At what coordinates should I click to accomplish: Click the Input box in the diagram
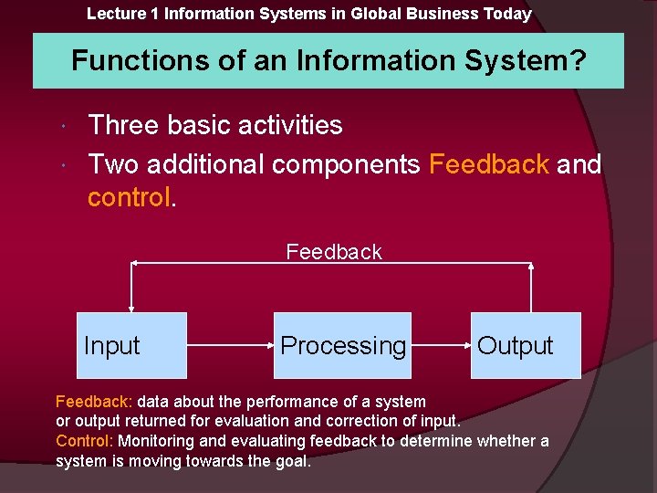click(x=131, y=345)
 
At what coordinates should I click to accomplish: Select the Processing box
click(x=342, y=345)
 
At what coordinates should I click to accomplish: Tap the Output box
click(x=526, y=345)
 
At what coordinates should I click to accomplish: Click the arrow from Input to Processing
click(x=230, y=346)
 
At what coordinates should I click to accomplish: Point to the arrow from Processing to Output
click(x=441, y=346)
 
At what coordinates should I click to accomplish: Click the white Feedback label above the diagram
click(x=334, y=252)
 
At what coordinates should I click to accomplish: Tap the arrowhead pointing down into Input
click(x=132, y=308)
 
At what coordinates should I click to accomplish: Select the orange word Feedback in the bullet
click(x=488, y=164)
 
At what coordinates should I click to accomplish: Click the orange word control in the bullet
click(x=129, y=197)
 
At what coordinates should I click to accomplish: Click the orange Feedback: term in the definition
click(x=94, y=402)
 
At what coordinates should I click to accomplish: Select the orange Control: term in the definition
click(x=84, y=441)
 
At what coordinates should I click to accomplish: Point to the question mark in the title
click(x=577, y=61)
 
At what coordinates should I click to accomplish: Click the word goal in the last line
click(x=290, y=461)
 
